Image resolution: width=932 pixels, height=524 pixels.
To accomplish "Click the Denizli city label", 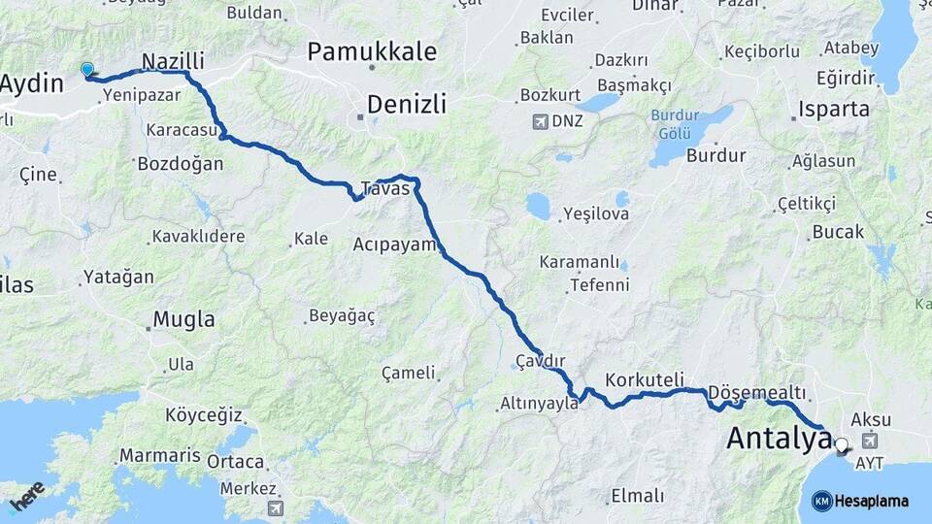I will [x=407, y=104].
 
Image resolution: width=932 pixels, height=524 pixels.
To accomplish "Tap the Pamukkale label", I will [x=372, y=51].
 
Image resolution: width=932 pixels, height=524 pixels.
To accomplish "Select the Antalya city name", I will [x=780, y=440].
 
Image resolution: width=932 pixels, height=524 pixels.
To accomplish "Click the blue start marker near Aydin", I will [x=87, y=69].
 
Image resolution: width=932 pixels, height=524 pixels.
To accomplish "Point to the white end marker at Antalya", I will [x=841, y=445].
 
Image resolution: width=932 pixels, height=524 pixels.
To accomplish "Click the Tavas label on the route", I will [x=385, y=188].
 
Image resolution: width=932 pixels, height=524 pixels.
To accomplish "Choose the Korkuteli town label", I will [x=645, y=379].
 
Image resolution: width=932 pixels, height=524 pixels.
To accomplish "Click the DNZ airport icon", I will [x=539, y=122].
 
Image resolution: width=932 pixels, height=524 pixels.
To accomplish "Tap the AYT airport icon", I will [x=866, y=444].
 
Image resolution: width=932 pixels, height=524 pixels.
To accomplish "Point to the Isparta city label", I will [x=834, y=109].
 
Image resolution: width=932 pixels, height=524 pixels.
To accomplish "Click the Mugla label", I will [x=184, y=319].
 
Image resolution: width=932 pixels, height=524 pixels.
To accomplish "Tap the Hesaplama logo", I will [x=860, y=501].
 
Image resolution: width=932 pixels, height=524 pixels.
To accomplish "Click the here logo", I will [x=27, y=495].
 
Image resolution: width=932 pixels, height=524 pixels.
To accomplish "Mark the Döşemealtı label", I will [x=757, y=391].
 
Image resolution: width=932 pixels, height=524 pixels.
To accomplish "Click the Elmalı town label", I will [x=637, y=496].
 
